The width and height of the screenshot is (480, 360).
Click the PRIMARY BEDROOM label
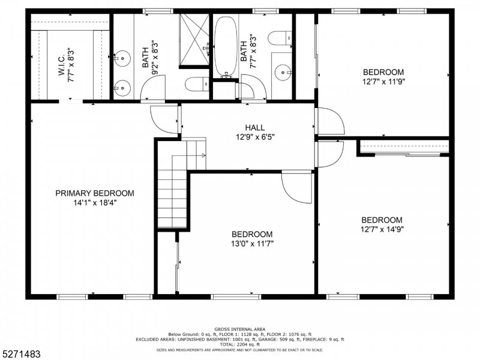95,193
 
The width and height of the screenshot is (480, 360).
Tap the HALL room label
255,127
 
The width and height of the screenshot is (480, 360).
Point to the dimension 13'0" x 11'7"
252,244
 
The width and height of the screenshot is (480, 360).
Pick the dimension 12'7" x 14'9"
382,229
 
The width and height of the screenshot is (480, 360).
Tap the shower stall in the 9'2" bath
193,38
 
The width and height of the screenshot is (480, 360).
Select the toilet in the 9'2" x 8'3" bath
196,85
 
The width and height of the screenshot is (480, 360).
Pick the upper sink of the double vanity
122,58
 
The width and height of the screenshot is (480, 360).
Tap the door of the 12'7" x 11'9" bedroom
329,122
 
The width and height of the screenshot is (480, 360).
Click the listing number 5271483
22,355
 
